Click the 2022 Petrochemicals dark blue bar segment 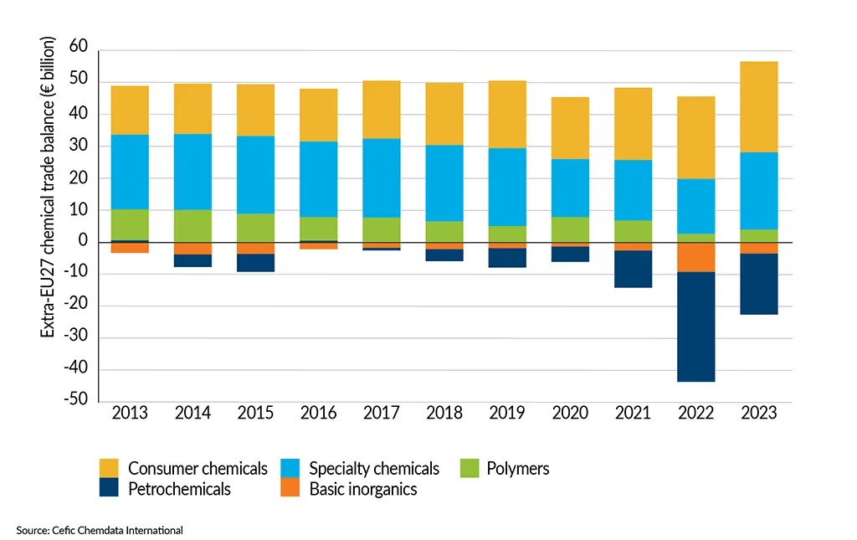click(695, 327)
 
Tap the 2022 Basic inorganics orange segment click(695, 257)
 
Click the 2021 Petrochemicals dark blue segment click(633, 269)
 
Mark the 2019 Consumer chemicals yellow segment click(507, 115)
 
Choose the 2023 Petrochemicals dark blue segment click(758, 284)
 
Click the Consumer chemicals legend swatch click(110, 468)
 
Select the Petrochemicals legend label click(179, 489)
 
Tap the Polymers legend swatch click(472, 468)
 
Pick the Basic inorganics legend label click(362, 489)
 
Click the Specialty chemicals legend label click(373, 468)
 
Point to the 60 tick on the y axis click(78, 50)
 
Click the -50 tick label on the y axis click(76, 401)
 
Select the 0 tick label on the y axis click(83, 242)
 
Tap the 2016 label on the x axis click(318, 414)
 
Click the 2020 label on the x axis click(570, 414)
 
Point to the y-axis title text click(49, 188)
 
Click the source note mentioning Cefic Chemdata click(99, 530)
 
